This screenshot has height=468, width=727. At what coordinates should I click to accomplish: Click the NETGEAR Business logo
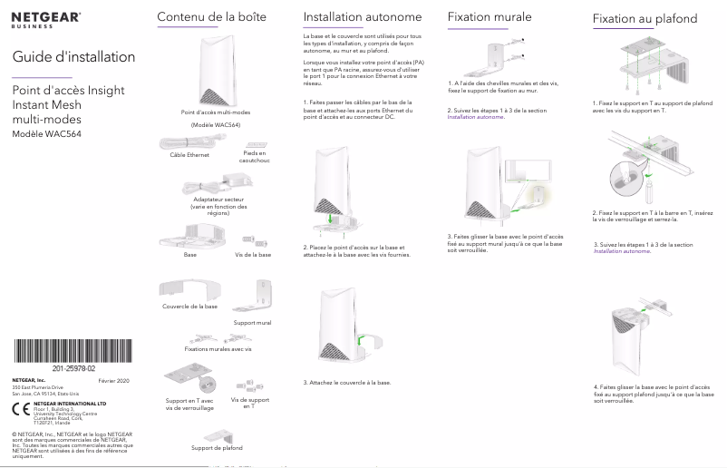[x=46, y=20]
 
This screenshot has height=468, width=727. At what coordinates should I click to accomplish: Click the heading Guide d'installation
[x=73, y=57]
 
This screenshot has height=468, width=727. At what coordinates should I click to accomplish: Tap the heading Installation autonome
[x=349, y=17]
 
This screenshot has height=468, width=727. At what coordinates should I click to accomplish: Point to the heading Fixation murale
[x=490, y=17]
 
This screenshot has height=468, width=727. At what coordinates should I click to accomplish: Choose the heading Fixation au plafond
[x=645, y=18]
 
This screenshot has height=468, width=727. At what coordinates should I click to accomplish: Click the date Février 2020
[x=113, y=381]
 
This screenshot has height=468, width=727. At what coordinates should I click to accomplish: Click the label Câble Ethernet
[x=189, y=155]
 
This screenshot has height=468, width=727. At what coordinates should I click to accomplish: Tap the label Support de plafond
[x=218, y=447]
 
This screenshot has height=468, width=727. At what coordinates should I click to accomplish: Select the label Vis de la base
[x=253, y=255]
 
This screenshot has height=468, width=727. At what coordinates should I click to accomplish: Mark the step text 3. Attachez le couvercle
[x=347, y=383]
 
